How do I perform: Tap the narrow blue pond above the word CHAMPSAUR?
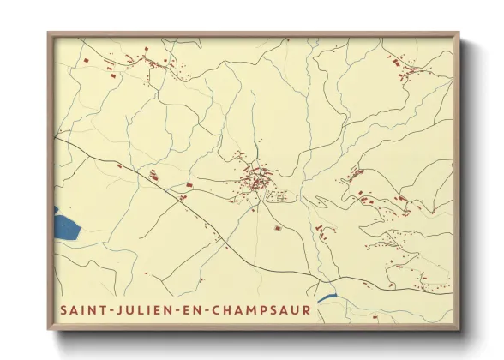point(327,298)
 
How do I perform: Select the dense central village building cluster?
point(256,181)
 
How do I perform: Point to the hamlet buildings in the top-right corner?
point(401,67)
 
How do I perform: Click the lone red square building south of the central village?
point(278,228)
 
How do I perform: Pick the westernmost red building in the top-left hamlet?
point(87,60)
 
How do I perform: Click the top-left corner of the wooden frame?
point(49,33)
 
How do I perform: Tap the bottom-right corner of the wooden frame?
point(459,329)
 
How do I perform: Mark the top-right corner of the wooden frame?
point(459,33)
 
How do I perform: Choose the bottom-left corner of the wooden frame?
point(49,329)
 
